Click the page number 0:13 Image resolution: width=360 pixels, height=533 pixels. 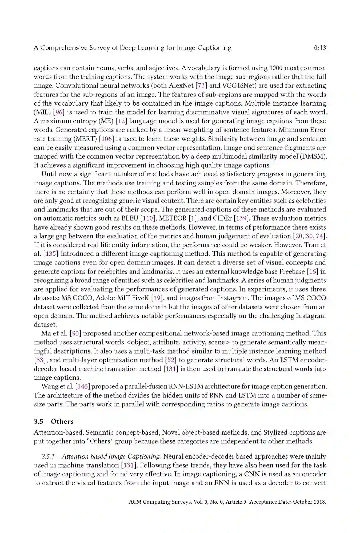(320, 48)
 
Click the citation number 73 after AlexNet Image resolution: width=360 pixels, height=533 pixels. (201, 86)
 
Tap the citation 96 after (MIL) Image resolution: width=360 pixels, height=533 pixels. (59, 112)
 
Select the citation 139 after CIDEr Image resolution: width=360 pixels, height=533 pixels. (242, 219)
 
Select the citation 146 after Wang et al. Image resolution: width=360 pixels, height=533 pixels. (82, 387)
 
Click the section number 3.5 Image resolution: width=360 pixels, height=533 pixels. (38, 421)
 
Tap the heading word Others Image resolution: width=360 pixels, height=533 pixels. (62, 421)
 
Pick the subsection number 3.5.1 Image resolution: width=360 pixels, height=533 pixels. (48, 457)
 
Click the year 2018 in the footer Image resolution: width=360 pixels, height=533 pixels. (319, 502)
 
